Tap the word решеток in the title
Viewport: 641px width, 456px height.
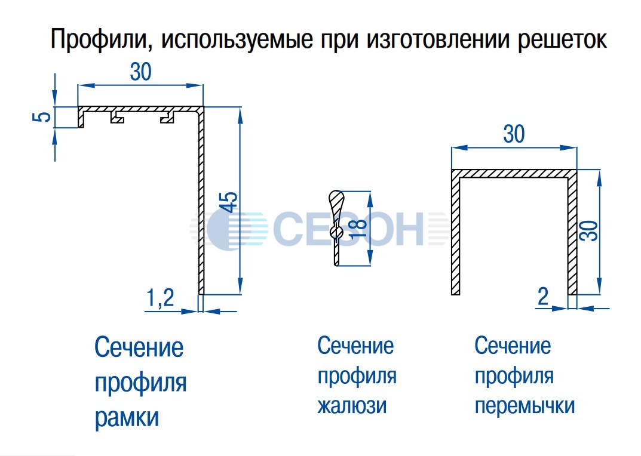click(x=562, y=40)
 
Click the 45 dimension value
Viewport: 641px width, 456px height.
click(x=231, y=202)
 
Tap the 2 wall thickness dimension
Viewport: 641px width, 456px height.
click(x=543, y=297)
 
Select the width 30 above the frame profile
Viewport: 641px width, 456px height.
click(x=140, y=72)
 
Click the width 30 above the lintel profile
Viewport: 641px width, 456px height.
click(x=514, y=134)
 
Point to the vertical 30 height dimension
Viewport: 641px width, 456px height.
click(x=590, y=230)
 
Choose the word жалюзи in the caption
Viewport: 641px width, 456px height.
click(x=352, y=406)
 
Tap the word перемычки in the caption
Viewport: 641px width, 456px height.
click(x=525, y=406)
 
